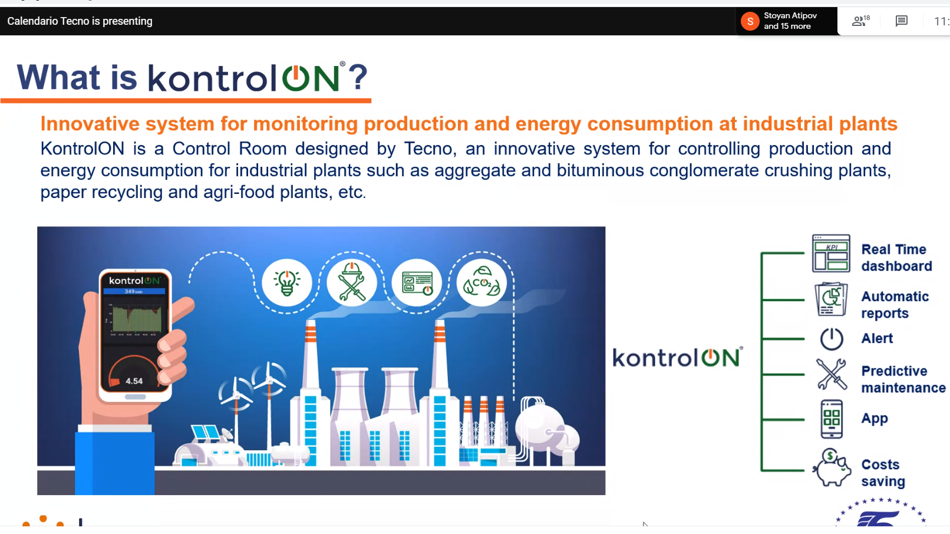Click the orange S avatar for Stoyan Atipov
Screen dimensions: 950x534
pyautogui.click(x=750, y=21)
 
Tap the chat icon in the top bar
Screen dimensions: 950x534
pyautogui.click(x=901, y=21)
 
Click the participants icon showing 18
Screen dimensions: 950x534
pyautogui.click(x=860, y=21)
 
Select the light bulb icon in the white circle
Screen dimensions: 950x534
pyautogui.click(x=287, y=282)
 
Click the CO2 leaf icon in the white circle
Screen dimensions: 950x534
pyautogui.click(x=481, y=282)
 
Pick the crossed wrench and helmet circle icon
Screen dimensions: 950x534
pyautogui.click(x=352, y=282)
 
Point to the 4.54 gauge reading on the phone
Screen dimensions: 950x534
pyautogui.click(x=134, y=381)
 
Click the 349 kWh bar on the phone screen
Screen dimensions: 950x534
pyautogui.click(x=134, y=291)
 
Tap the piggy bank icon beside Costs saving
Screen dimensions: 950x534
pyautogui.click(x=831, y=468)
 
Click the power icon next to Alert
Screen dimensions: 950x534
pyautogui.click(x=831, y=338)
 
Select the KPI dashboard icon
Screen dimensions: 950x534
pyautogui.click(x=831, y=253)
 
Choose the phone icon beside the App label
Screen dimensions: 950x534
pyautogui.click(x=831, y=418)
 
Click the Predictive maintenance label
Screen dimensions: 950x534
pyautogui.click(x=903, y=379)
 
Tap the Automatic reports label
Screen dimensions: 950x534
pyautogui.click(x=895, y=305)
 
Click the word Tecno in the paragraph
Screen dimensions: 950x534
pyautogui.click(x=428, y=149)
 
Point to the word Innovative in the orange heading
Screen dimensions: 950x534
pyautogui.click(x=90, y=124)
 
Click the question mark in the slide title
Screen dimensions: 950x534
pyautogui.click(x=358, y=77)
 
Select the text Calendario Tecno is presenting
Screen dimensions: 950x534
pyautogui.click(x=80, y=21)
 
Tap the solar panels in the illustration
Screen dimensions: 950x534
pyautogui.click(x=206, y=433)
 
